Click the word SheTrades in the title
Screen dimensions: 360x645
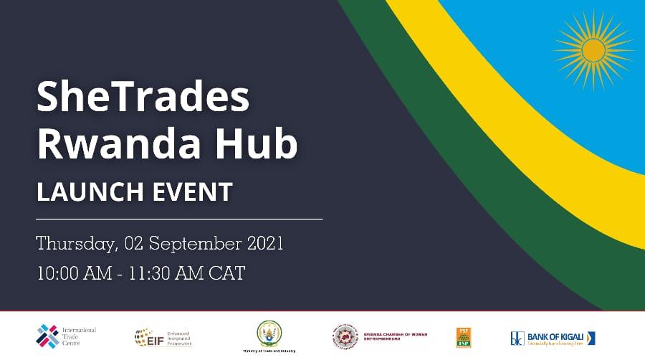(x=143, y=98)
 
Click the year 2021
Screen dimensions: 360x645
(x=264, y=243)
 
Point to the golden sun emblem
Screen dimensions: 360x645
(x=593, y=49)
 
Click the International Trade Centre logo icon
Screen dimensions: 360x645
(x=48, y=335)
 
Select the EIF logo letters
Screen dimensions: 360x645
(x=143, y=336)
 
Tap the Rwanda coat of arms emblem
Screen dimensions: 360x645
(x=269, y=332)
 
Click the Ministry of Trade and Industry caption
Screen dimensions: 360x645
(x=269, y=350)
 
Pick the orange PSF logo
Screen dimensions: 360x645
(x=463, y=336)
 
